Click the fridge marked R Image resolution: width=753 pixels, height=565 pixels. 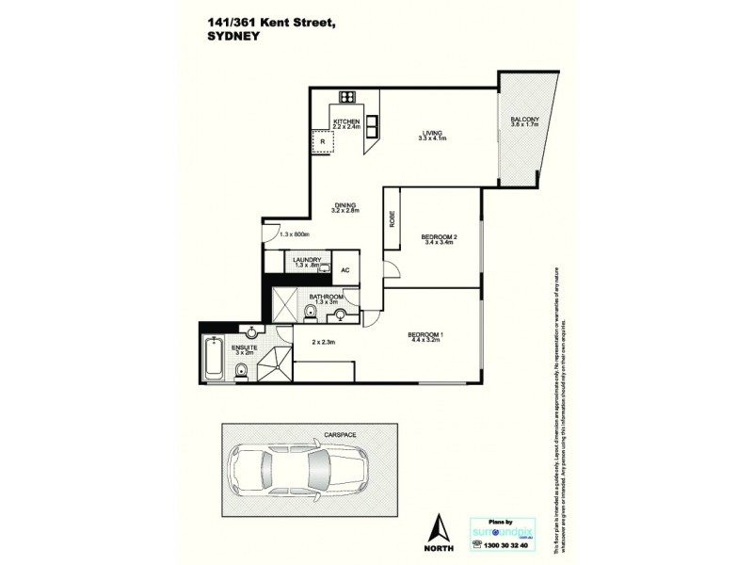(x=322, y=143)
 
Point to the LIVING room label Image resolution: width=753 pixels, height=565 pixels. (x=432, y=133)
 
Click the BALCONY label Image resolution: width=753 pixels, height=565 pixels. (x=523, y=119)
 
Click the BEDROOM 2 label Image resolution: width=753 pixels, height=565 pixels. (x=439, y=236)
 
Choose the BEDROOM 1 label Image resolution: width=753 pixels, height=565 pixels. (x=425, y=336)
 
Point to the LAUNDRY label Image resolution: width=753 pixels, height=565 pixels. (x=308, y=260)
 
